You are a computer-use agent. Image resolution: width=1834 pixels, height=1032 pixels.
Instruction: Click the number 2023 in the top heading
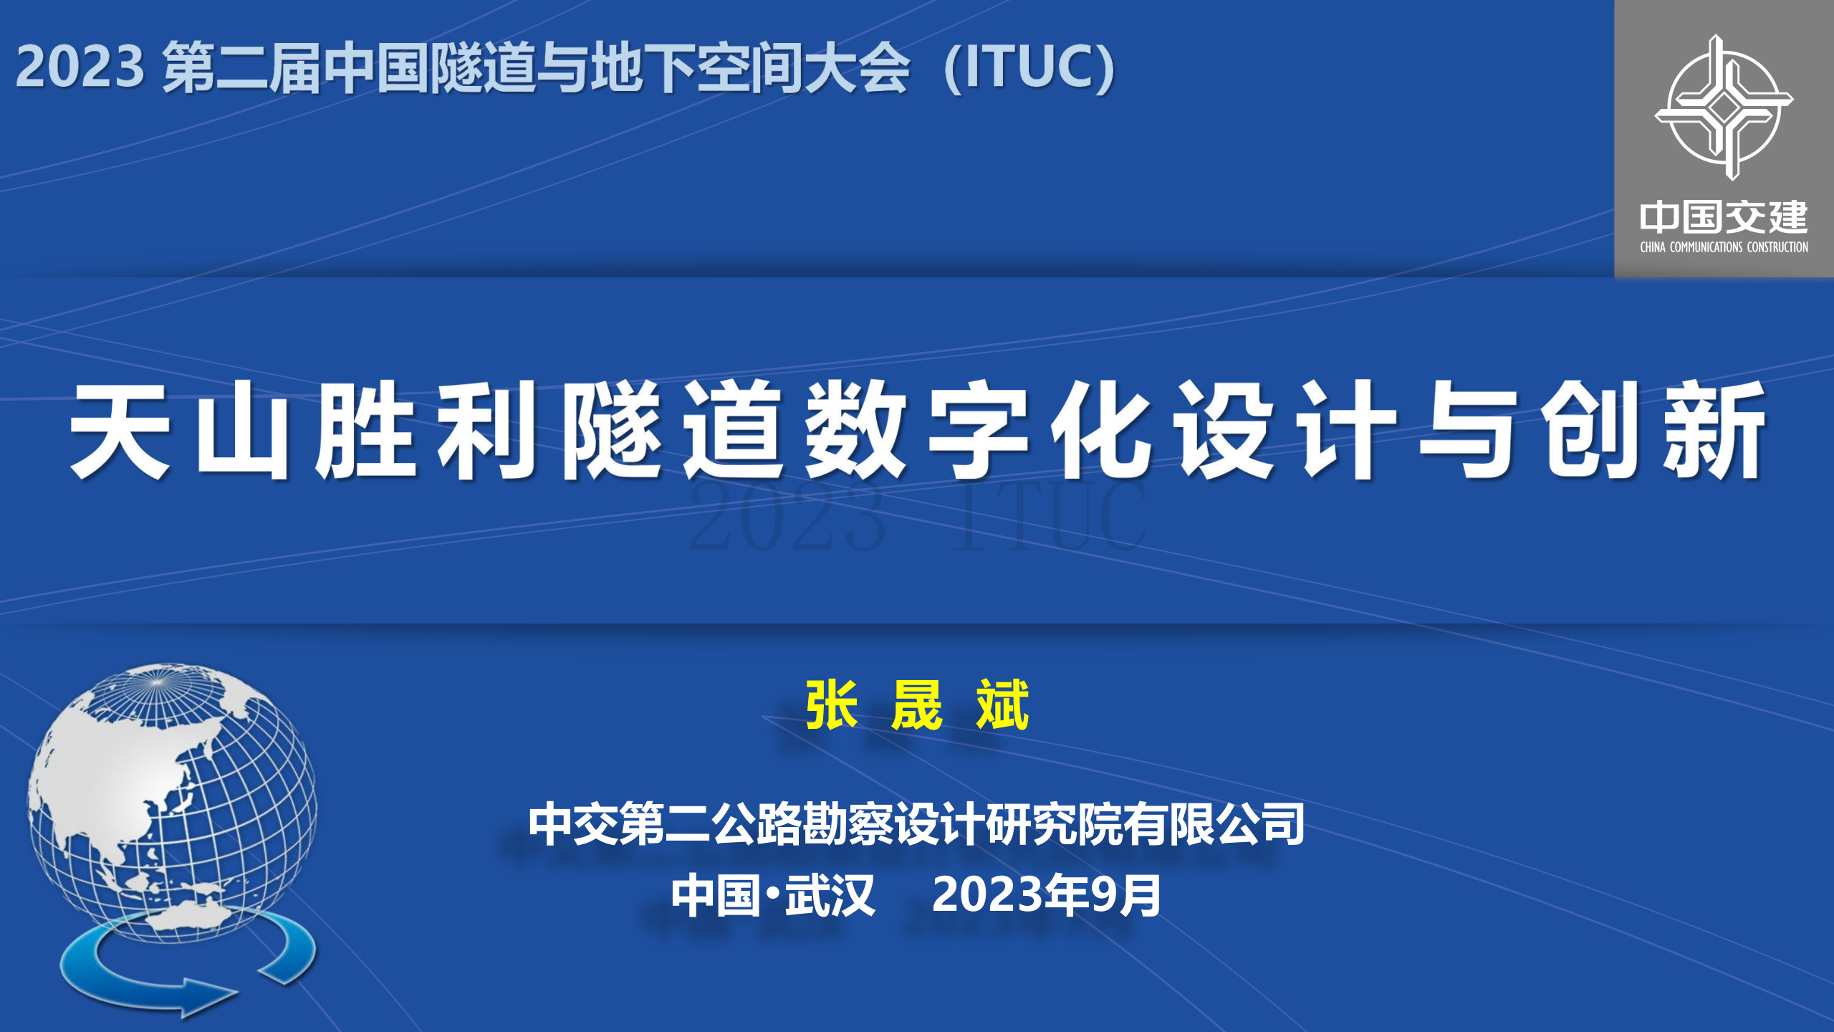[80, 67]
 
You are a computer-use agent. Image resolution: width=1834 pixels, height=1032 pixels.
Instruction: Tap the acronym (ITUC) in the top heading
[1030, 68]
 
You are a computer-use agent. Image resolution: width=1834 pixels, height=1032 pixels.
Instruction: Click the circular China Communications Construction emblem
[1724, 107]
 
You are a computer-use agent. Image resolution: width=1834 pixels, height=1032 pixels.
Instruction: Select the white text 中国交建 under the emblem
[1724, 218]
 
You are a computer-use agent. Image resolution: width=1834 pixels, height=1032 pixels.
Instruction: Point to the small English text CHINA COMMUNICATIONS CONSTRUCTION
[1724, 247]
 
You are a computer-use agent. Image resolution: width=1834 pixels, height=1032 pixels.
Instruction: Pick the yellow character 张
[832, 705]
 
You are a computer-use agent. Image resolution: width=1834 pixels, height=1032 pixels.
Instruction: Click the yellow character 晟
[917, 705]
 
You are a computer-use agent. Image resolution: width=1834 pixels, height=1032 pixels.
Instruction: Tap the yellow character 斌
[1002, 705]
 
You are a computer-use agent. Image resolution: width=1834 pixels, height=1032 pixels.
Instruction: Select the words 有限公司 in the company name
[1214, 824]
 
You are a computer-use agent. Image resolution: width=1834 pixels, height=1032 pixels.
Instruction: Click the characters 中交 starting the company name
[574, 824]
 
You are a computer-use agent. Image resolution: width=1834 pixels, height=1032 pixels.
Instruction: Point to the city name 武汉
[830, 895]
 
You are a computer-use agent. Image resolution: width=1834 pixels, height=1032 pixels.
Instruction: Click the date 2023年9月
[1047, 895]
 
